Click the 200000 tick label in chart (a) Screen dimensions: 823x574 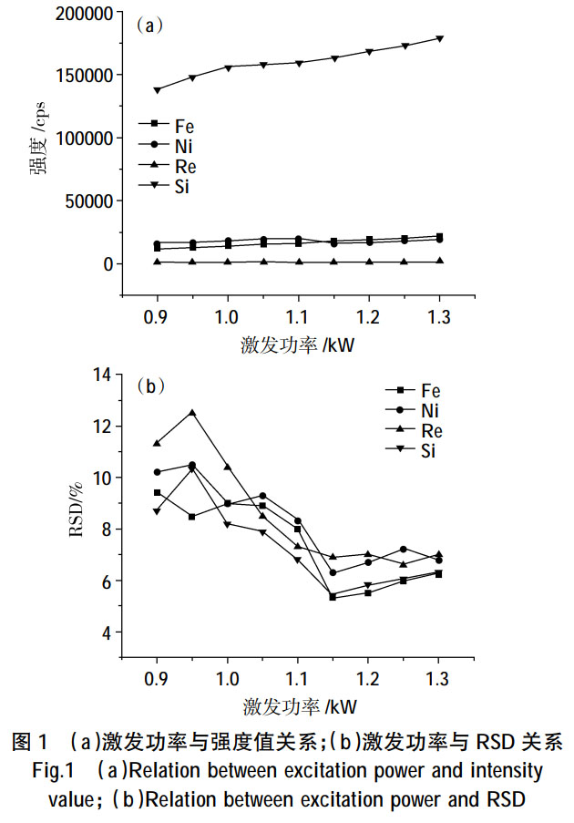click(x=72, y=15)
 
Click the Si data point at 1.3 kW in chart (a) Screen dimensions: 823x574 click(x=439, y=38)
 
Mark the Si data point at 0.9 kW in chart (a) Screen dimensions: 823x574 click(x=158, y=89)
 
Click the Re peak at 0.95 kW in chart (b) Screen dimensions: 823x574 click(x=192, y=412)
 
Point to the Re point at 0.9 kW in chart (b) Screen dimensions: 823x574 click(x=158, y=443)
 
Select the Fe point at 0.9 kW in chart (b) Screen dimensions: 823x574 click(x=158, y=492)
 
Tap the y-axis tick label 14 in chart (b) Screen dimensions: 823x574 click(x=100, y=375)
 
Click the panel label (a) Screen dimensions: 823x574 click(x=149, y=26)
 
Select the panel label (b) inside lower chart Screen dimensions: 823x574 click(x=149, y=386)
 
